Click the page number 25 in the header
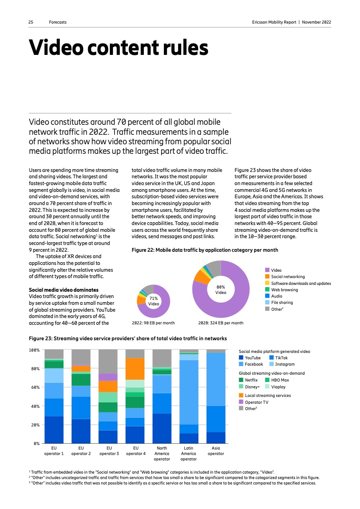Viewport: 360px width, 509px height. click(31, 22)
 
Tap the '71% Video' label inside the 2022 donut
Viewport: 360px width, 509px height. click(153, 301)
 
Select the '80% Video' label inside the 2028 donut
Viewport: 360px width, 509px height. click(221, 289)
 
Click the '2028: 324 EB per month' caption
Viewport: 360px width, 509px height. click(221, 323)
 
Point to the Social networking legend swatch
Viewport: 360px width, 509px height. click(267, 276)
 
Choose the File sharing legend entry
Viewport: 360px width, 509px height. click(281, 302)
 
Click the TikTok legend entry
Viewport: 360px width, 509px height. click(281, 358)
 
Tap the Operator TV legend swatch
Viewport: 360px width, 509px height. click(242, 402)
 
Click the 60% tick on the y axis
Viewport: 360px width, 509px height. click(35, 387)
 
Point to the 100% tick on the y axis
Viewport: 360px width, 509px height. click(35, 350)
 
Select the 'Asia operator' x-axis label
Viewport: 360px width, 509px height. click(216, 450)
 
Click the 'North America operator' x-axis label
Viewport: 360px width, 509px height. click(162, 453)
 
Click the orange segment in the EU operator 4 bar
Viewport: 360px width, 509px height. click(135, 368)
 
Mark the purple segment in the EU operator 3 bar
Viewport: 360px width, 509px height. click(108, 377)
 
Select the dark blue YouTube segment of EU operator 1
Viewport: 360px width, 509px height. click(54, 429)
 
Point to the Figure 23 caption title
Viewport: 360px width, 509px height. click(128, 338)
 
